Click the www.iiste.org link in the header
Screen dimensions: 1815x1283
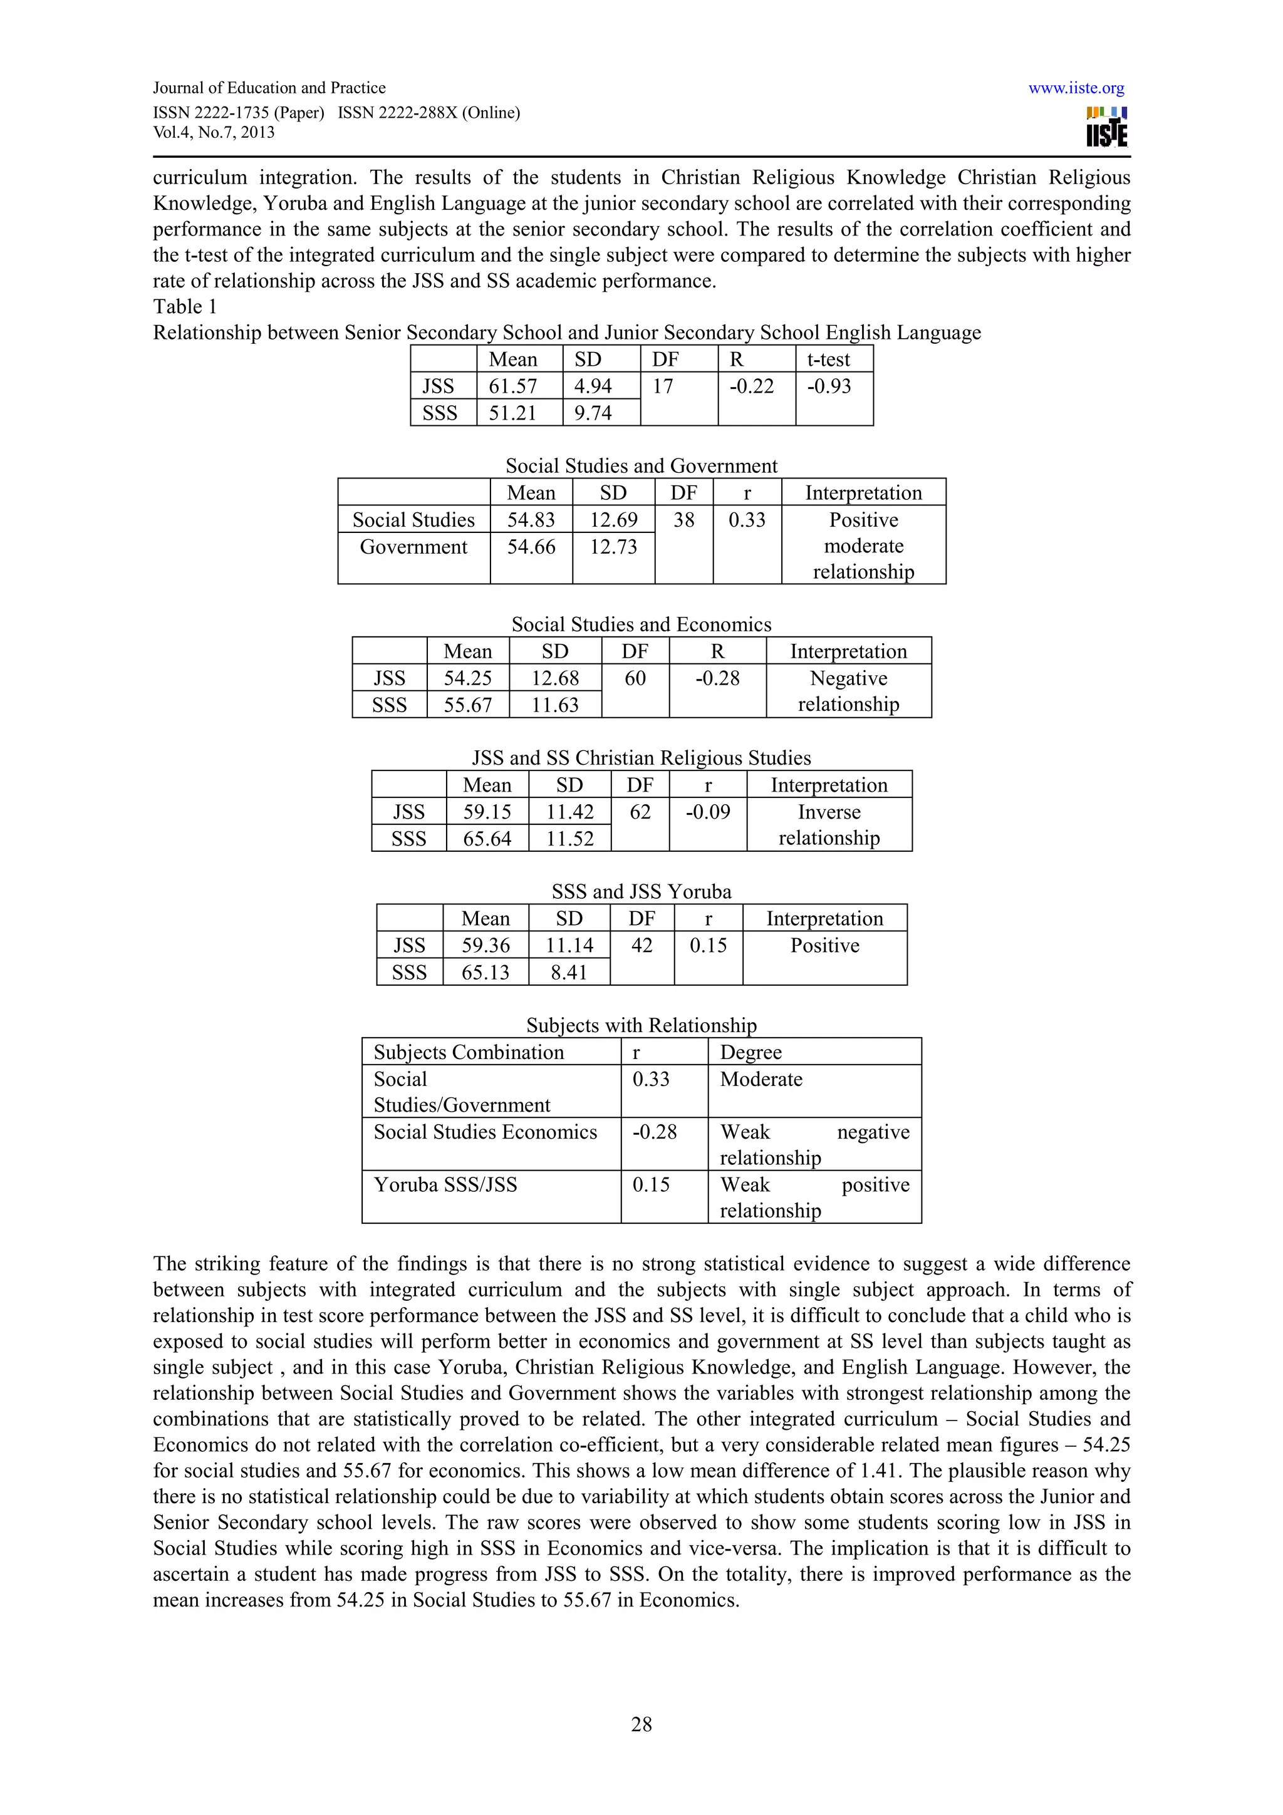1076,88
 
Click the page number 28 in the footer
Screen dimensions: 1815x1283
641,1724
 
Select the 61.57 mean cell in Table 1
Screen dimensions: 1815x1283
512,386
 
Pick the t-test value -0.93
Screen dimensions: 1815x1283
828,386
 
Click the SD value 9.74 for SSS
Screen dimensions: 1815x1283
592,413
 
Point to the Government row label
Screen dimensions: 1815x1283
413,547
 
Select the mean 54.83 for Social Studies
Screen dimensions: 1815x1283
531,520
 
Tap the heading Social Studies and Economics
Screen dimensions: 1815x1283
641,624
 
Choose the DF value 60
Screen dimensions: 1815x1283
635,678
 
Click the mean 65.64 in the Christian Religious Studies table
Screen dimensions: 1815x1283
487,839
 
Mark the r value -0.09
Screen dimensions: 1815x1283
707,812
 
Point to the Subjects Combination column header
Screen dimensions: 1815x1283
469,1052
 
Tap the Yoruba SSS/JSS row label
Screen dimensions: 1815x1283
445,1185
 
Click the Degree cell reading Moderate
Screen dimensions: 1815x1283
761,1080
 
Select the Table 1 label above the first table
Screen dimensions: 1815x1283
184,307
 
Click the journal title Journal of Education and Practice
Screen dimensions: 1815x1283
269,88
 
